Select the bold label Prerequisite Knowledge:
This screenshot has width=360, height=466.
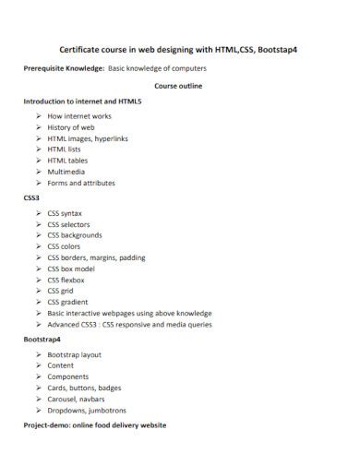tap(64, 68)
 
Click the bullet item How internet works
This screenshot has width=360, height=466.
tap(80, 115)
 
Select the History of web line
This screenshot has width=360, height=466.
tap(72, 126)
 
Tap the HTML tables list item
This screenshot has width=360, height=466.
tap(67, 160)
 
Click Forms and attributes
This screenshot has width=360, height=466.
tap(81, 183)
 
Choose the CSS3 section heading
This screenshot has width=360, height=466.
tap(31, 197)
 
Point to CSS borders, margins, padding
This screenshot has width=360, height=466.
tap(96, 257)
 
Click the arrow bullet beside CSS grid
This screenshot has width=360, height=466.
tap(39, 291)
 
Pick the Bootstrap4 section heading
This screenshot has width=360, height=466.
tap(43, 340)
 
